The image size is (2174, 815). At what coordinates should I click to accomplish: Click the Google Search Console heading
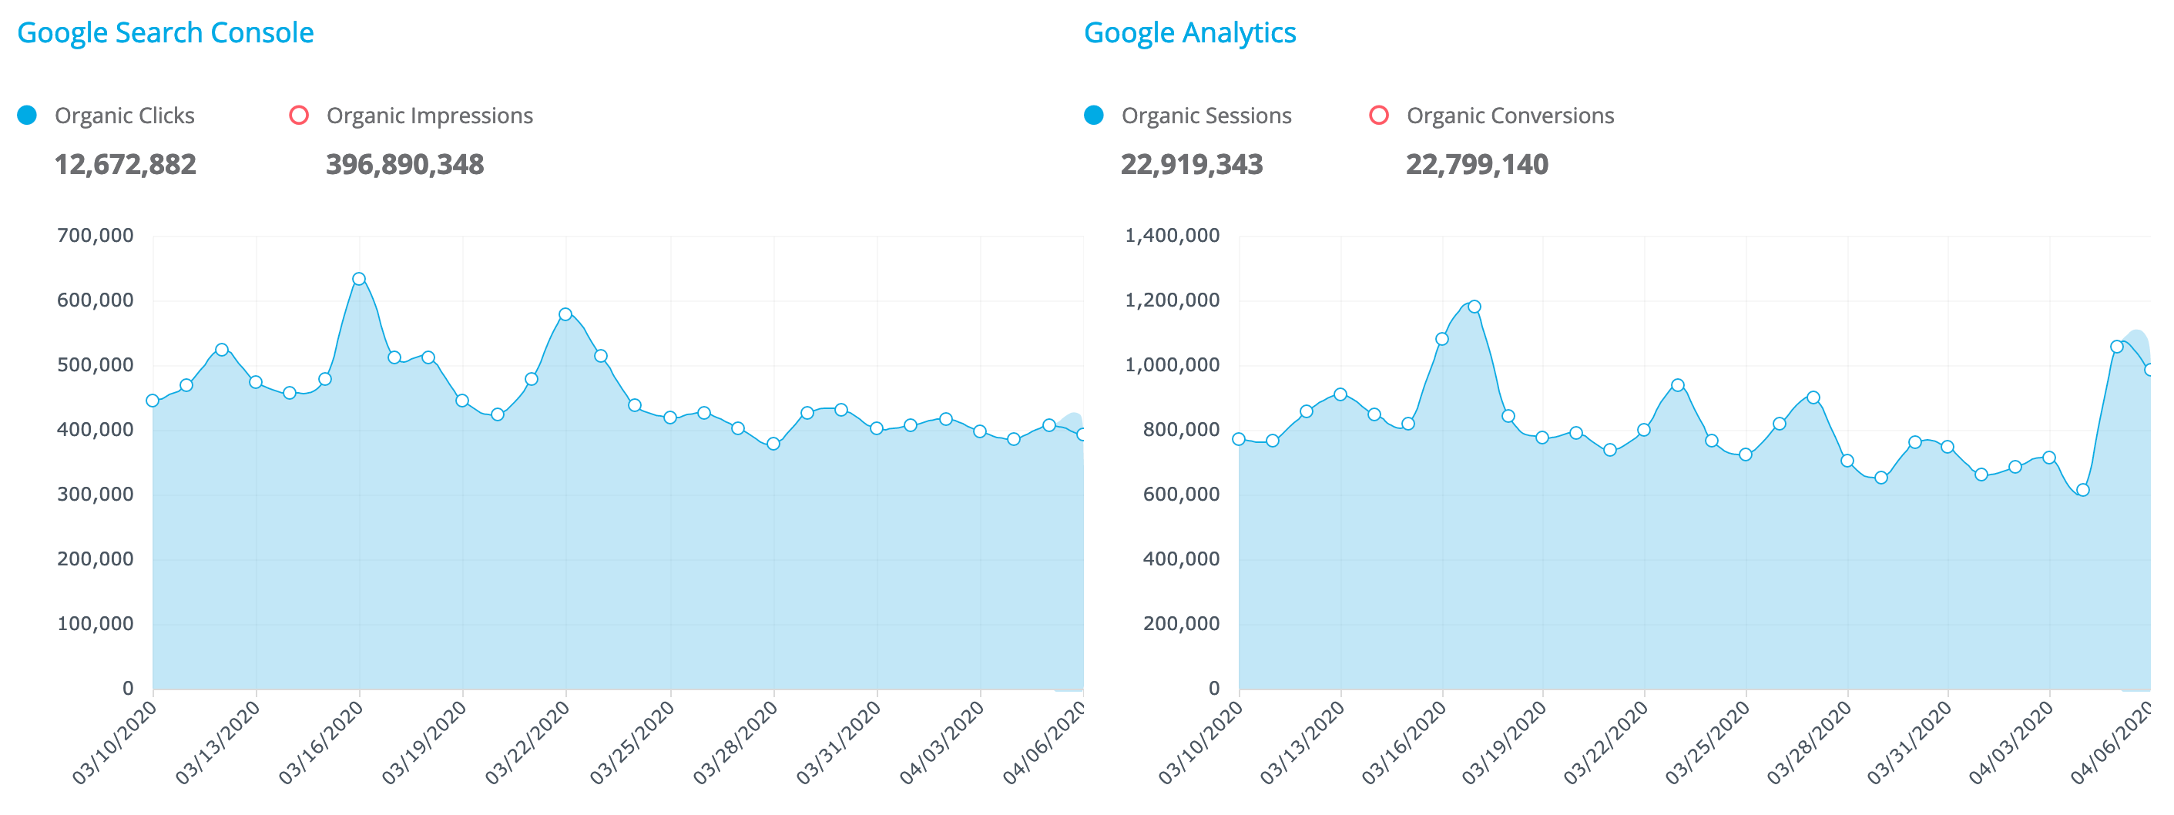click(x=166, y=33)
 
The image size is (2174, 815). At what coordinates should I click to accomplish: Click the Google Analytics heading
click(x=1189, y=33)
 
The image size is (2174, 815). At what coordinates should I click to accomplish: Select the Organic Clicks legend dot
click(x=28, y=116)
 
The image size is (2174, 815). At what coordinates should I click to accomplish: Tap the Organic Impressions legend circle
click(x=299, y=116)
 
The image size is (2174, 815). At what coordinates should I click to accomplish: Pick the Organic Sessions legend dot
click(x=1094, y=116)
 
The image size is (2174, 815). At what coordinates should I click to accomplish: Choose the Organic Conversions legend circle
click(x=1379, y=116)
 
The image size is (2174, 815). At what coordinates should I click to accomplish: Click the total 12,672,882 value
click(x=125, y=165)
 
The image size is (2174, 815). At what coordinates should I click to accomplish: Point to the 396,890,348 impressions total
click(x=405, y=165)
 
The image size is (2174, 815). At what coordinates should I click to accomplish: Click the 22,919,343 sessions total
click(x=1192, y=165)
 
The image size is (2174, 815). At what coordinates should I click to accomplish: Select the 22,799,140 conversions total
click(x=1477, y=165)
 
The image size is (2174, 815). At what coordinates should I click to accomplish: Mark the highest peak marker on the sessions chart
click(x=1474, y=307)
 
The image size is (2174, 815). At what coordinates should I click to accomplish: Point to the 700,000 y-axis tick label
click(x=96, y=236)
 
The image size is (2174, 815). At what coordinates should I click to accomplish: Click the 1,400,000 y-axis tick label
click(x=1173, y=236)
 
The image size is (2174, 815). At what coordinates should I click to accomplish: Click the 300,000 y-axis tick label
click(x=96, y=495)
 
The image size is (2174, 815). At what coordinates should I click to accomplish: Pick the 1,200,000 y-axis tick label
click(x=1173, y=300)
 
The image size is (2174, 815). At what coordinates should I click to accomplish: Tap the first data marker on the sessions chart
click(x=1239, y=440)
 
